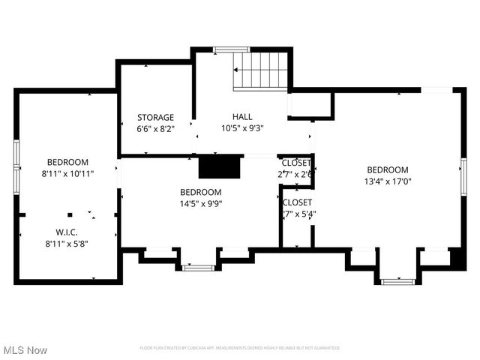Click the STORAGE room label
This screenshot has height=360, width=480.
pyautogui.click(x=155, y=117)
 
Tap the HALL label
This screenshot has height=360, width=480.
pyautogui.click(x=242, y=117)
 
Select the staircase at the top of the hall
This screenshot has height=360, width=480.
pyautogui.click(x=260, y=71)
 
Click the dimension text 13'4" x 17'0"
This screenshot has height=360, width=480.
pyautogui.click(x=387, y=181)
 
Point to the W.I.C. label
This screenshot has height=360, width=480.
pyautogui.click(x=67, y=232)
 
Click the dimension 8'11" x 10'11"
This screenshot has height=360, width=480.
pyautogui.click(x=67, y=173)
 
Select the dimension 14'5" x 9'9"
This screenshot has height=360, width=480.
pyautogui.click(x=200, y=202)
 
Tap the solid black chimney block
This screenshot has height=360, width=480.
pyautogui.click(x=219, y=166)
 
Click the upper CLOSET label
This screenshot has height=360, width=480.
pyautogui.click(x=296, y=163)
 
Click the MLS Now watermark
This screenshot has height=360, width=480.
pyautogui.click(x=25, y=350)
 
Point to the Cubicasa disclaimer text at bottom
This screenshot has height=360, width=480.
pyautogui.click(x=240, y=348)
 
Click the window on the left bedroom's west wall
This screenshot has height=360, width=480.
pyautogui.click(x=16, y=166)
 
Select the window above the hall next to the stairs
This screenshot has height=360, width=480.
pyautogui.click(x=231, y=49)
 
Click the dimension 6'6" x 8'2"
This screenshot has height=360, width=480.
pyautogui.click(x=155, y=128)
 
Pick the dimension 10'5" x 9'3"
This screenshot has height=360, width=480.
pyautogui.click(x=242, y=128)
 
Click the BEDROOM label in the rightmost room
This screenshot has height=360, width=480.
pyautogui.click(x=387, y=169)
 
